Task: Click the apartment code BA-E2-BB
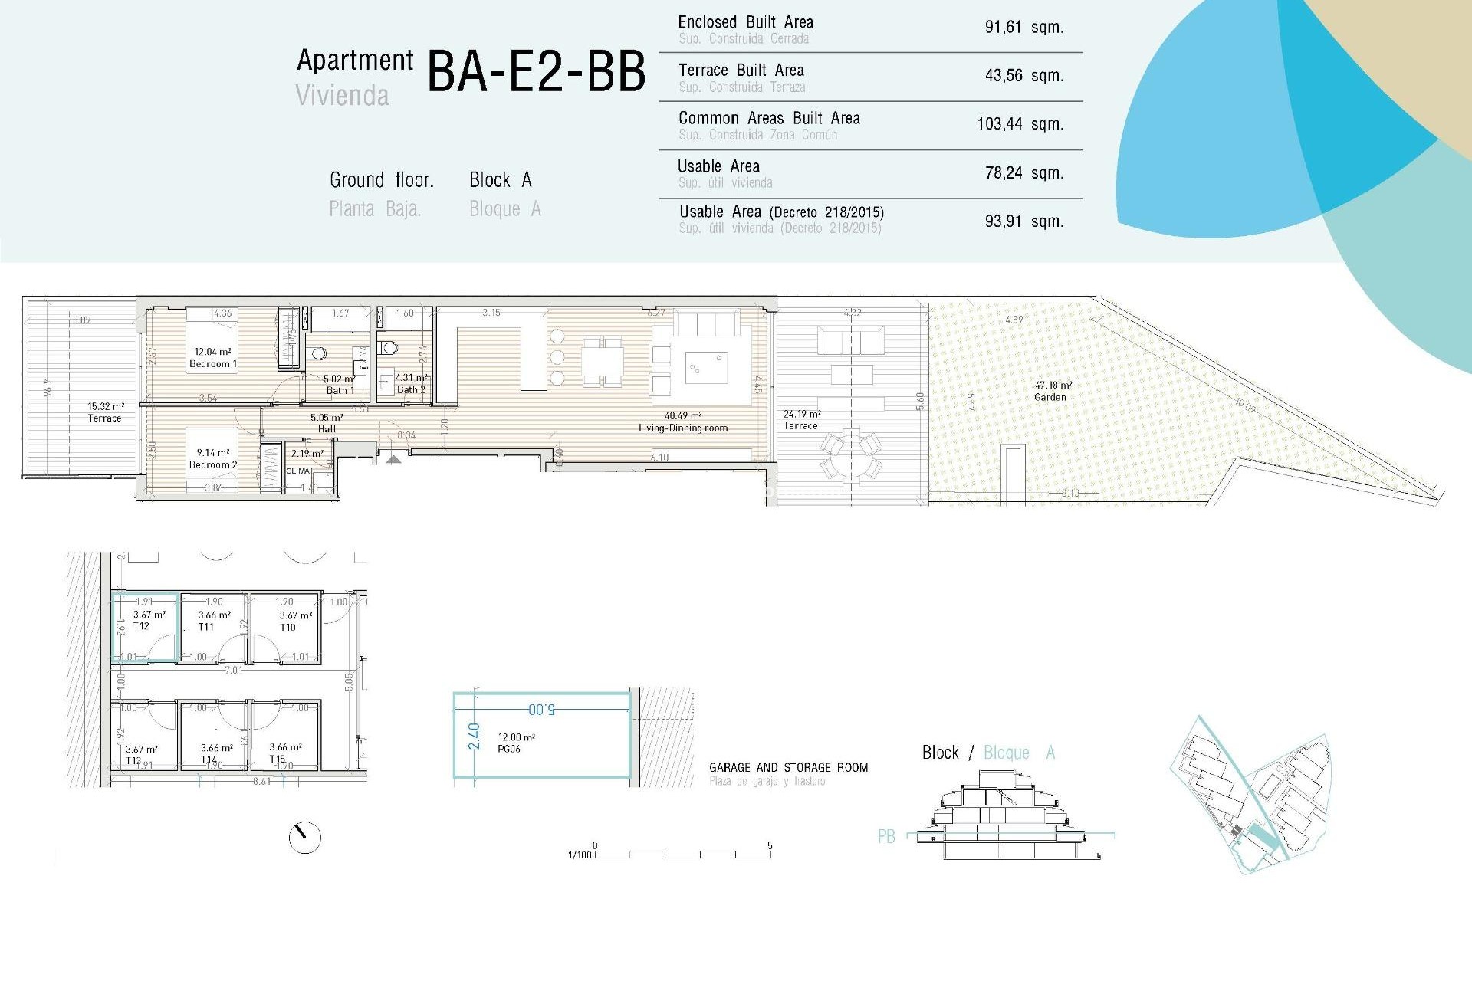(x=536, y=72)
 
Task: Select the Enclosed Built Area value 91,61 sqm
(x=1024, y=28)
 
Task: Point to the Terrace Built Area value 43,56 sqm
(x=1024, y=76)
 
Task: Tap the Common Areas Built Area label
(x=769, y=118)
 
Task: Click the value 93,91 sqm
(x=1024, y=221)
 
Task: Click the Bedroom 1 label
(x=213, y=364)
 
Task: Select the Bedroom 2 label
(x=213, y=464)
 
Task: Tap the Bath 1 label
(x=340, y=390)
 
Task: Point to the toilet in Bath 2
(x=389, y=349)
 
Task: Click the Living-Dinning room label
(x=683, y=428)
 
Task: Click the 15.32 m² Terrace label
(x=105, y=418)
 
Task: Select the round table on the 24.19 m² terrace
(x=851, y=455)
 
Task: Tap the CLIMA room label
(x=297, y=471)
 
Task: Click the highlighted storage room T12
(x=145, y=627)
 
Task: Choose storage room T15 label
(x=277, y=760)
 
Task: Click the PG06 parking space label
(x=509, y=749)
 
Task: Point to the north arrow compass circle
(x=305, y=838)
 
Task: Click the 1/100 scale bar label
(x=579, y=855)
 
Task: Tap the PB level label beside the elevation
(x=886, y=837)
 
